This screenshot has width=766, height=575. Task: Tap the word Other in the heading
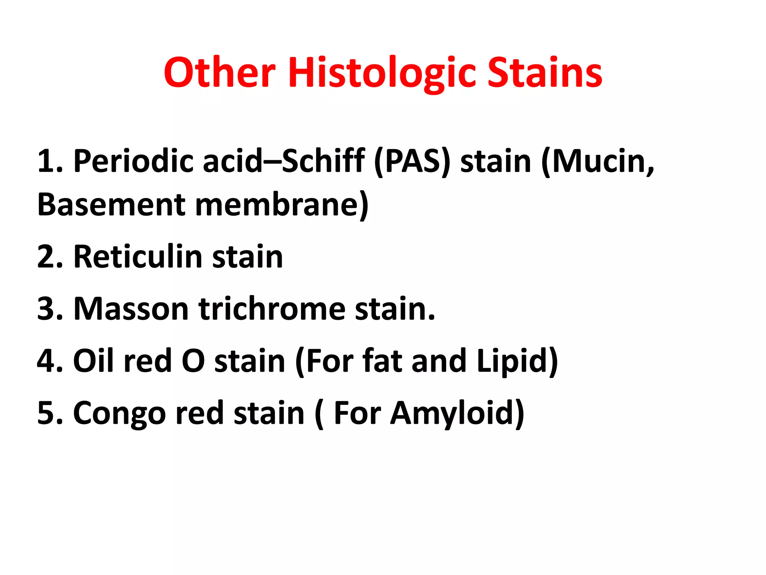220,73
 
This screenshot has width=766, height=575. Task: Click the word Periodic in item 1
133,162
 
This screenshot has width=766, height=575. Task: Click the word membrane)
282,205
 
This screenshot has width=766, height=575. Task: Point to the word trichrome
272,309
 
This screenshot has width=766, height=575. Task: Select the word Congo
119,413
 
